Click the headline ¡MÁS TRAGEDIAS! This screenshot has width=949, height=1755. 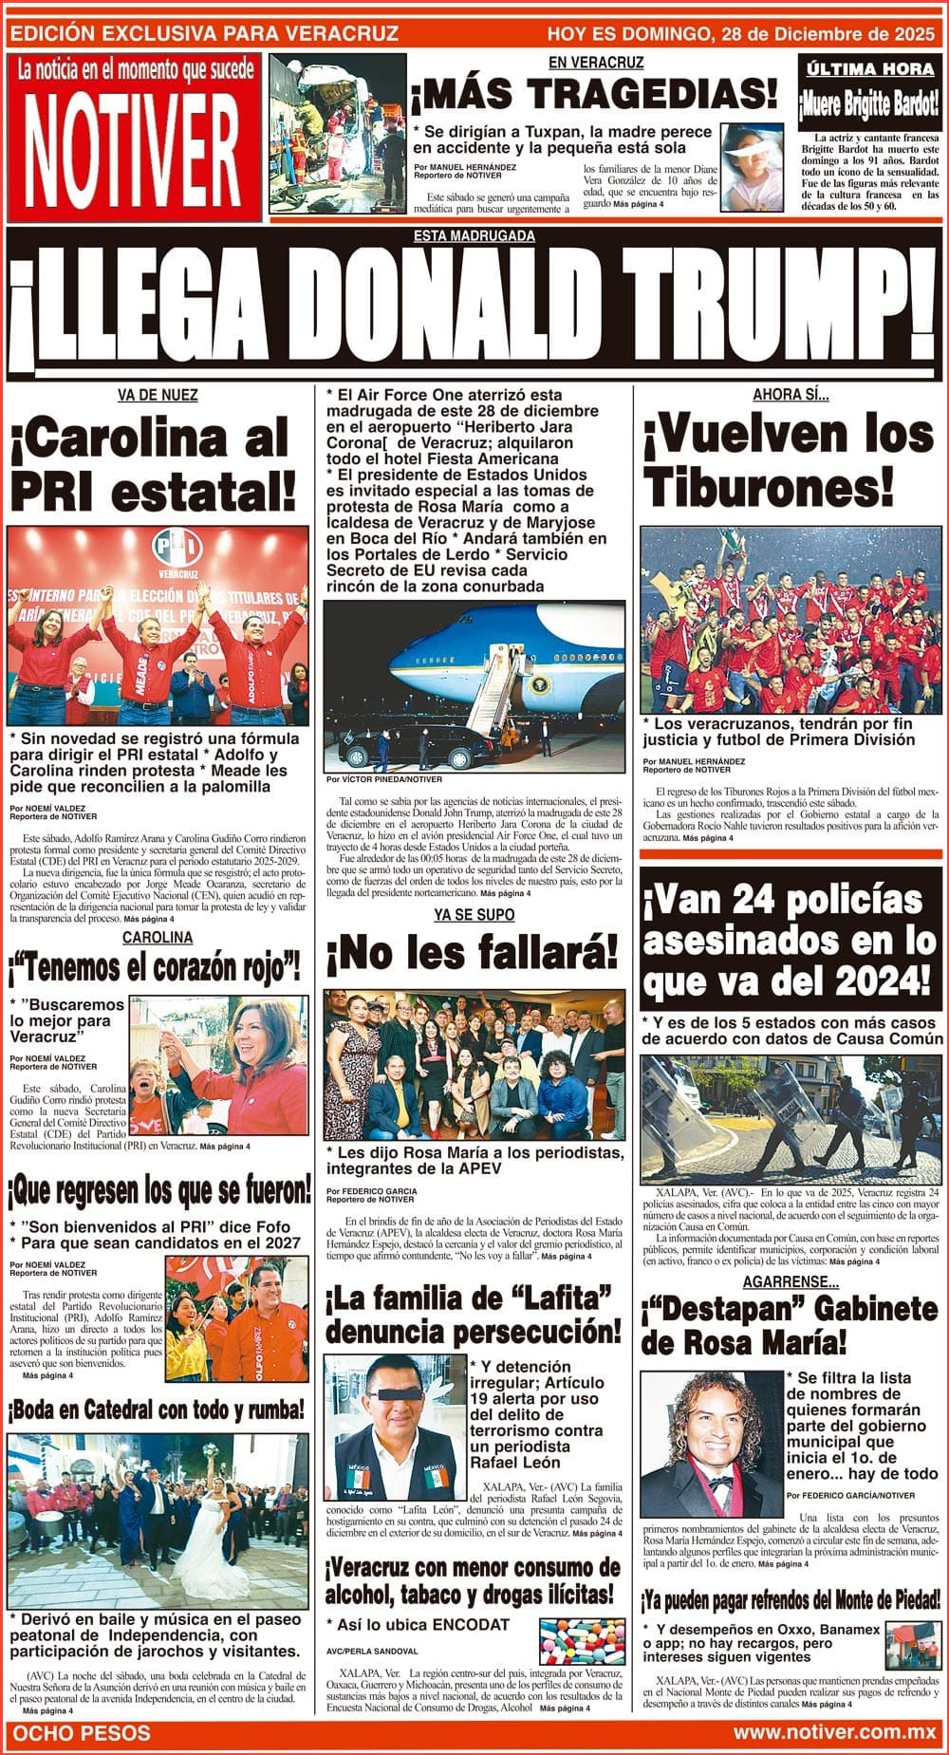pos(594,96)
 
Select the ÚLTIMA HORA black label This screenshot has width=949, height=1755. pos(870,69)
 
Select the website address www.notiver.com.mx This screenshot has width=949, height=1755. pos(834,1732)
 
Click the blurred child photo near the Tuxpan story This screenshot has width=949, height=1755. pos(752,166)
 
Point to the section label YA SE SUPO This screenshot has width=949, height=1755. pos(474,914)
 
